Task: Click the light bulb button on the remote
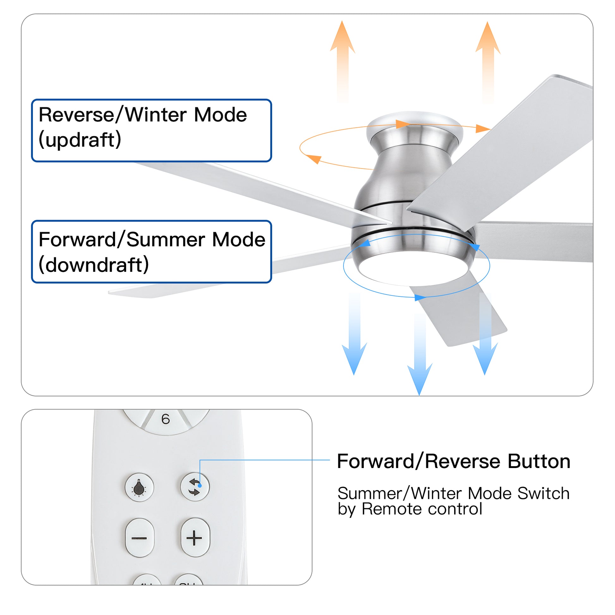coord(139,487)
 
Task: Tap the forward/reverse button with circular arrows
coord(194,487)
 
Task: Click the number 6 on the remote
coord(166,420)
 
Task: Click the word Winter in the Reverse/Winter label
coord(156,115)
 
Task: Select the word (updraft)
coord(80,140)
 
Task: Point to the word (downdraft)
coord(94,265)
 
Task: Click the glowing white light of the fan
coord(413,269)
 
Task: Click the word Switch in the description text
coord(543,494)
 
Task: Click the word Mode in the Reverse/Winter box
coord(220,115)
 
